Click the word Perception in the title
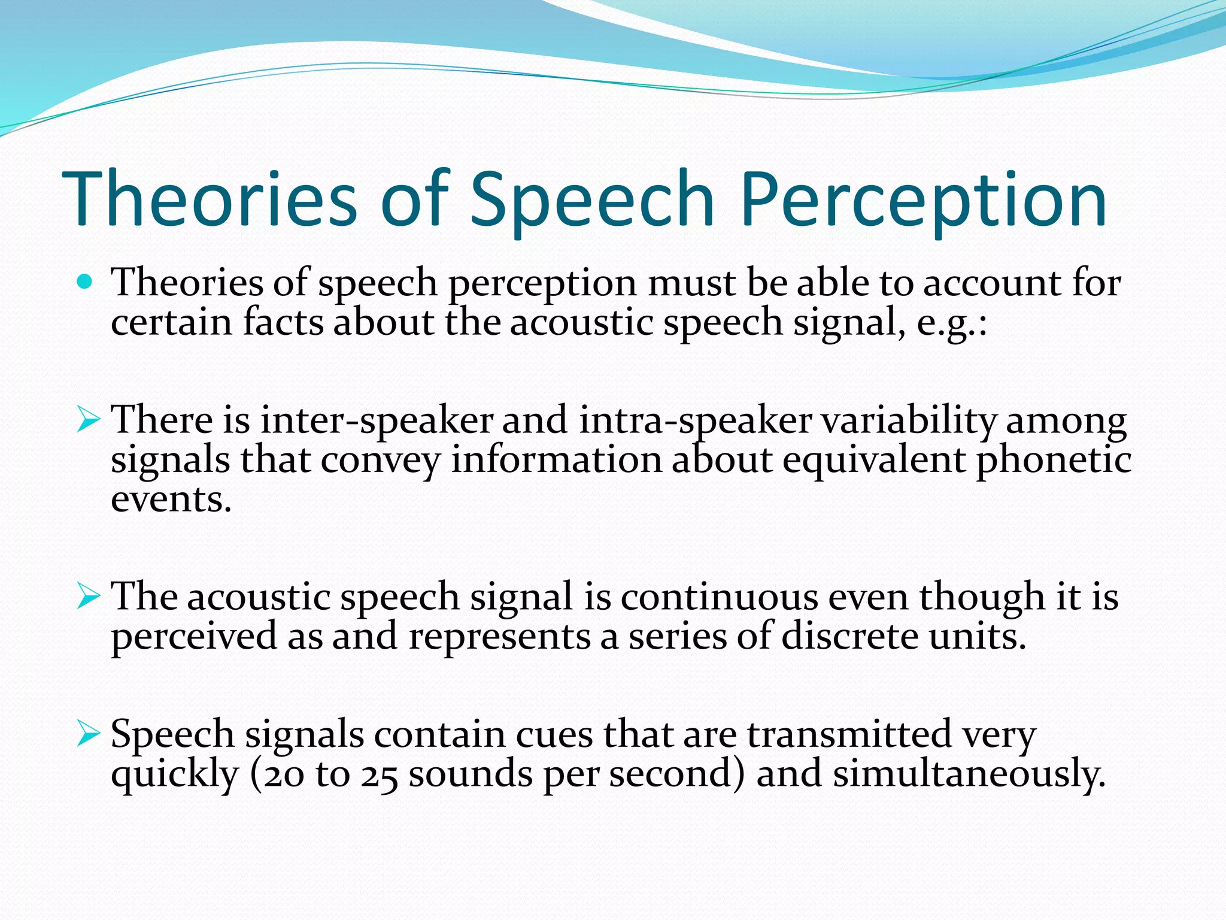923,201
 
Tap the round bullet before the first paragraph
86,282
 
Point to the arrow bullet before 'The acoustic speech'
88,597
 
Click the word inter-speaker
377,420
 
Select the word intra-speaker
695,420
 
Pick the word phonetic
1054,461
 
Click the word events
171,500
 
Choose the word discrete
849,636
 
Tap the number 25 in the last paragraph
379,774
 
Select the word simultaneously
969,774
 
